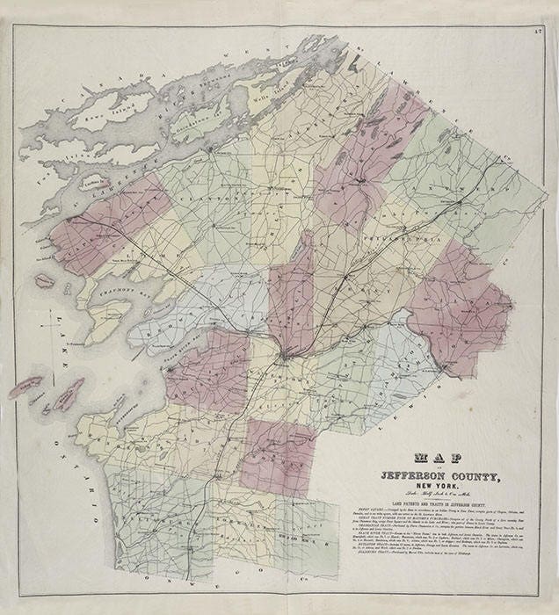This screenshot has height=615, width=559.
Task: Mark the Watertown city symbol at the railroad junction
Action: [286, 356]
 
